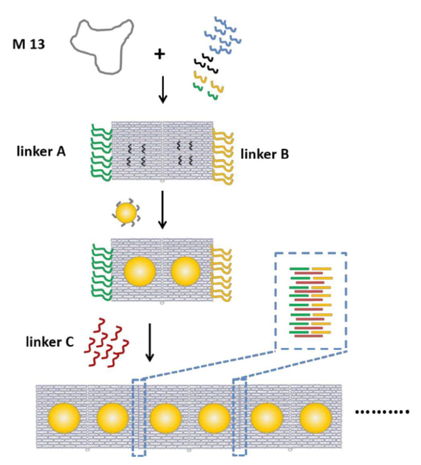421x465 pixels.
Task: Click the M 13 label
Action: tap(29, 44)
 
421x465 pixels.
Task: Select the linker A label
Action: tap(41, 152)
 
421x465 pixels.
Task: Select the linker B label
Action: tap(264, 154)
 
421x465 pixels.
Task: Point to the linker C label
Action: tap(49, 342)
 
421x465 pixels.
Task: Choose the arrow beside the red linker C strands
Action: tap(150, 342)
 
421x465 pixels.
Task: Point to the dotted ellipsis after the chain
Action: tap(382, 412)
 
